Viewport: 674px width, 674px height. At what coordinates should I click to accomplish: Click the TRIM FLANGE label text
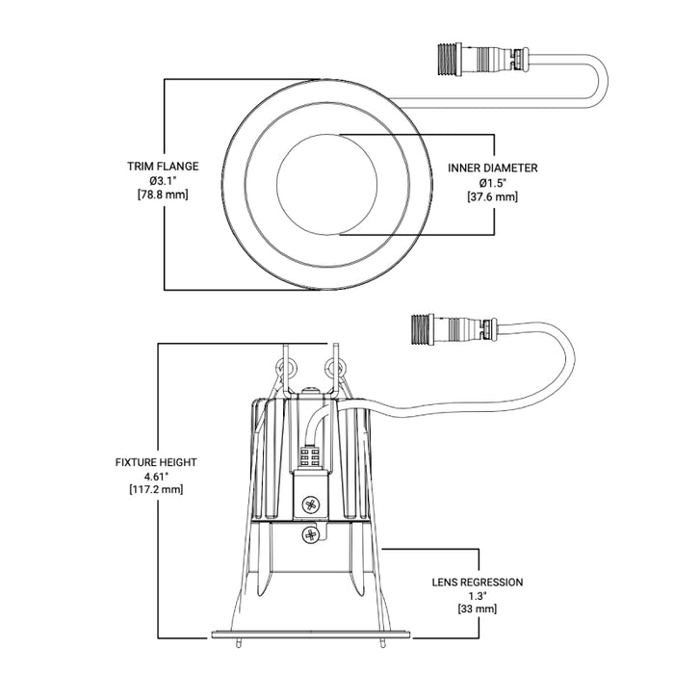point(163,166)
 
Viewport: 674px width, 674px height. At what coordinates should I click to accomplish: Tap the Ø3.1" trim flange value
point(163,180)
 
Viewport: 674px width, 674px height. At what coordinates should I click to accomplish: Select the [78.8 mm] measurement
point(163,194)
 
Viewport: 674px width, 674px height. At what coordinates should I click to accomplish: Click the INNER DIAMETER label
point(493,168)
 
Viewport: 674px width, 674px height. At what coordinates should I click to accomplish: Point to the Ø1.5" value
point(493,182)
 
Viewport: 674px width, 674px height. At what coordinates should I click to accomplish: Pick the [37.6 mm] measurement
point(493,196)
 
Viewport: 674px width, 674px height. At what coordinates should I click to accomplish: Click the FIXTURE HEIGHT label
point(156,462)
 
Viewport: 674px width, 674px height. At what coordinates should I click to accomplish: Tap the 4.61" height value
point(156,476)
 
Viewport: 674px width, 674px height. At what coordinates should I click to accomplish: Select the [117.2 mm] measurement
point(156,490)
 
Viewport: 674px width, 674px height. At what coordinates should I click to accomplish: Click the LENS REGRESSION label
point(479,582)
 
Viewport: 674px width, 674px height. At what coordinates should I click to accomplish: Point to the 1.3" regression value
point(479,595)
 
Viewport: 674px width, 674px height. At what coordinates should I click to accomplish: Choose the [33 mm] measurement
point(479,609)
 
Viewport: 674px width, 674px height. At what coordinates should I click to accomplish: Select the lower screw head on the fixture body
point(310,532)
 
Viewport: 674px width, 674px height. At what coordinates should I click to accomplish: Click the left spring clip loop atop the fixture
point(285,368)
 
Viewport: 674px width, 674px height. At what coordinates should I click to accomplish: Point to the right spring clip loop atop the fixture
point(335,367)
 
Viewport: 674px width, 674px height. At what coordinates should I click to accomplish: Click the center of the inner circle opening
point(326,183)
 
